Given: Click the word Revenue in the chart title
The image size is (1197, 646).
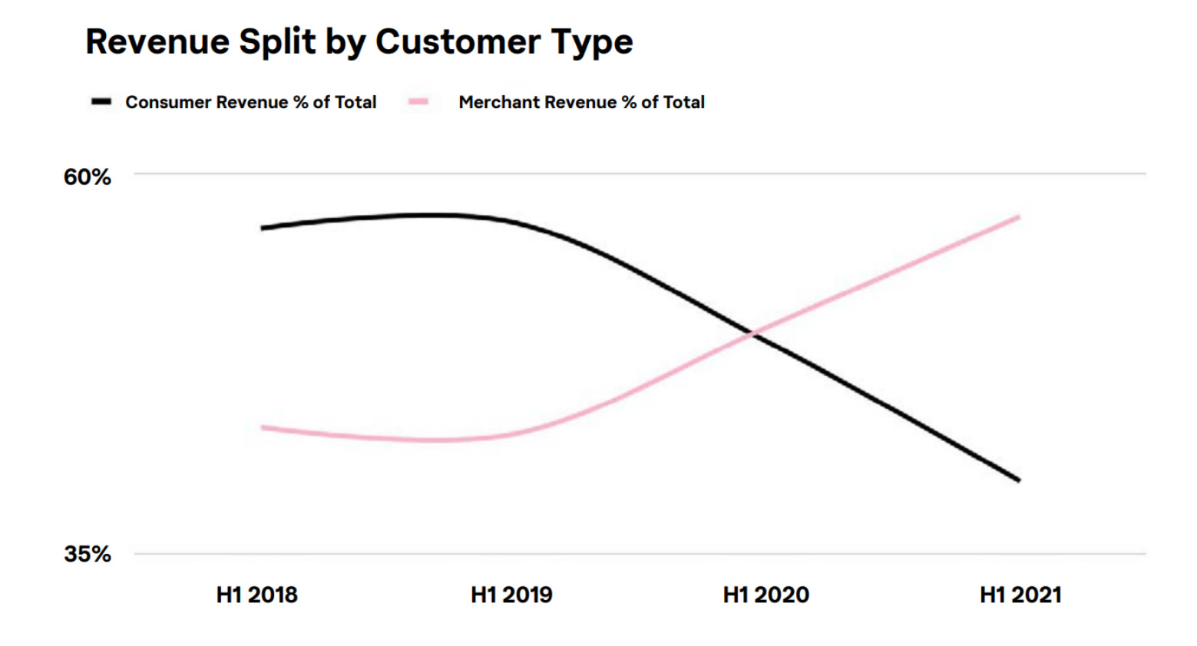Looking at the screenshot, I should pos(157,41).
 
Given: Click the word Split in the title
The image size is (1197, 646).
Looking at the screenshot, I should pos(276,41).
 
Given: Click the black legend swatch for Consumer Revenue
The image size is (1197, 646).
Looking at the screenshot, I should pos(101,102).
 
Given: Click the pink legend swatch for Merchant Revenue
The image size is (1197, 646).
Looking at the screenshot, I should pos(418,102).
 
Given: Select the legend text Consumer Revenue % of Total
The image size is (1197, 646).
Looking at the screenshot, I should pos(250,102).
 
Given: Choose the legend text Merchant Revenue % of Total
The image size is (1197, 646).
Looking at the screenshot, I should pos(581,102).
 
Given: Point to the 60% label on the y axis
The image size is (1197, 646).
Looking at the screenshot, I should pos(87,177).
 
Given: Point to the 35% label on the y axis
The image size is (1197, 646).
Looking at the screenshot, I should pos(87,554).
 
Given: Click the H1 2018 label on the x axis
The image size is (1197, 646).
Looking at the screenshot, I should pos(256,595).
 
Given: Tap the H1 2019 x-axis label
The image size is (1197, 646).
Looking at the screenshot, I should pos(511,595).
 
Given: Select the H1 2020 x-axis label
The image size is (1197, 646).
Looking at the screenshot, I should pos(765,595).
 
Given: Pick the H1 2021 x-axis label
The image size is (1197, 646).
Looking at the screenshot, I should pos(1020,595).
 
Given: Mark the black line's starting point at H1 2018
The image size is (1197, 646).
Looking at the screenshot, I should pos(263,228).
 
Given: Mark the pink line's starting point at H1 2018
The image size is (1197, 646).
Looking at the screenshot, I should pos(263,427).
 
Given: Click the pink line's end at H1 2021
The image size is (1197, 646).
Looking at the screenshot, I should pos(1018,217).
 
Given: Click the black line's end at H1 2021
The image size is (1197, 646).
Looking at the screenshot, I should pos(1018,480).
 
